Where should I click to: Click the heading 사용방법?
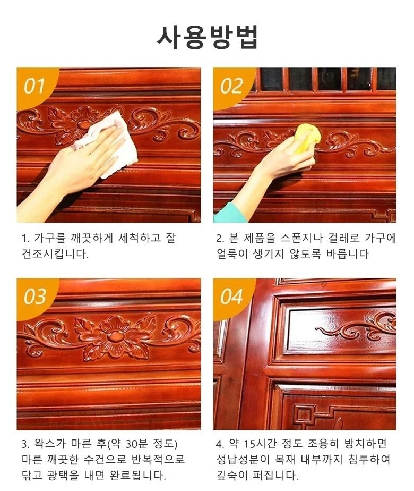point(207,37)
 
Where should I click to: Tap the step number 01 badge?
point(34,86)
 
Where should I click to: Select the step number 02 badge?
point(231,86)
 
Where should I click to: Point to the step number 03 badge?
point(34,297)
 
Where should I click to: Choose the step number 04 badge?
point(231,297)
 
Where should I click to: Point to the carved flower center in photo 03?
point(112,337)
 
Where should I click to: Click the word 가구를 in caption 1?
point(50,238)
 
